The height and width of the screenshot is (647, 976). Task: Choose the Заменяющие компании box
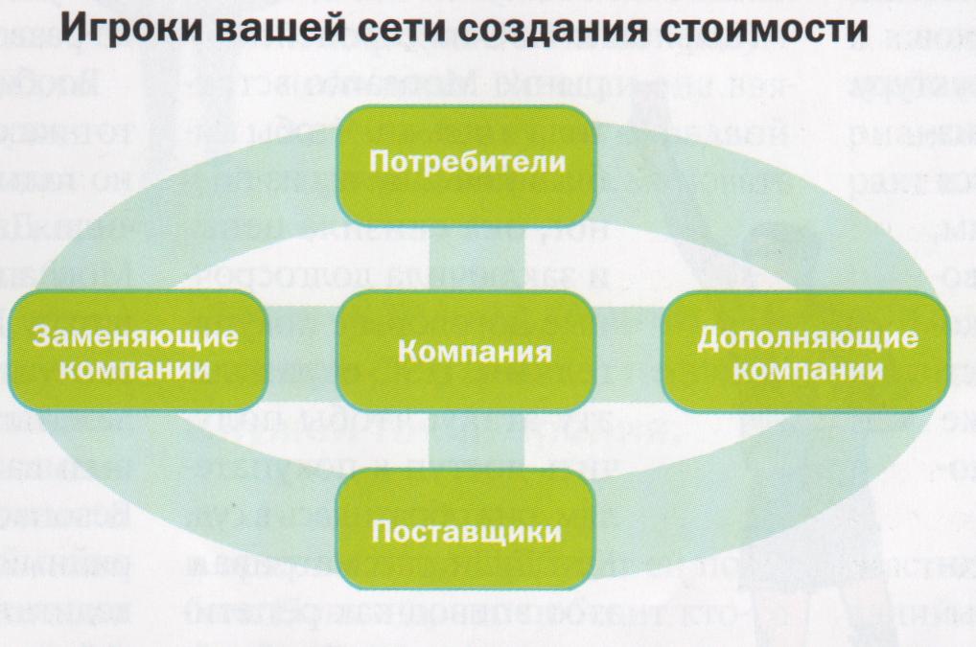click(136, 350)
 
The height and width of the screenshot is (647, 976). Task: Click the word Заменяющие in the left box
click(137, 337)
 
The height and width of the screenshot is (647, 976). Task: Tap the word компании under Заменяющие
click(137, 367)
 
